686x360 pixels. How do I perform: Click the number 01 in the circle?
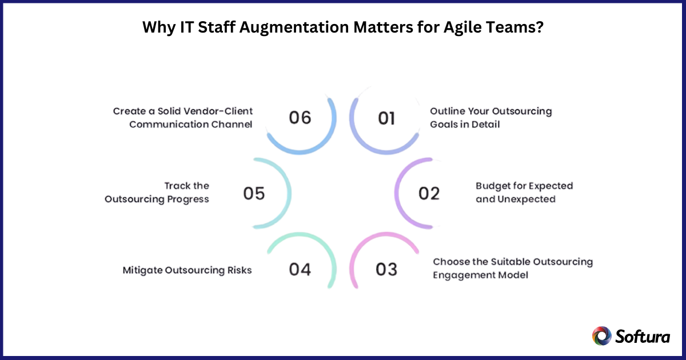pyautogui.click(x=387, y=118)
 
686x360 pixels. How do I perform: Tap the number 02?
pyautogui.click(x=429, y=194)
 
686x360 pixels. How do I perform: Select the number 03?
pyautogui.click(x=386, y=269)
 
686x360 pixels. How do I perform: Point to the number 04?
pyautogui.click(x=300, y=269)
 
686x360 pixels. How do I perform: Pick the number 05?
pyautogui.click(x=254, y=194)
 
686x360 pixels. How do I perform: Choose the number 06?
pyautogui.click(x=300, y=118)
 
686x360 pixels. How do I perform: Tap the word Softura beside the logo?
pyautogui.click(x=643, y=336)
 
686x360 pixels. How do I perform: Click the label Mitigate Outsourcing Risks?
pyautogui.click(x=187, y=270)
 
